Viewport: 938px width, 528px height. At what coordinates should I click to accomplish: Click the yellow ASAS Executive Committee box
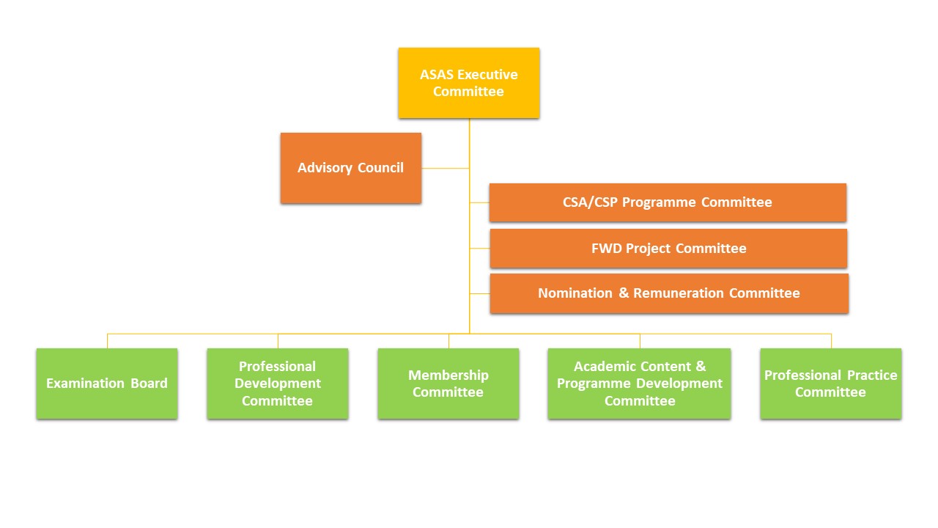(469, 83)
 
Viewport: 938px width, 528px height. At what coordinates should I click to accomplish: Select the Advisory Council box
(350, 168)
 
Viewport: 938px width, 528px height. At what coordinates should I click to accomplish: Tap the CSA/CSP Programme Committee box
(668, 202)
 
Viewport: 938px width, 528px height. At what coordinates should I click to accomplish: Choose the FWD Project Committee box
(668, 249)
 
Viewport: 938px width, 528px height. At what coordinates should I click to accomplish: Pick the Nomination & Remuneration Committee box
(669, 293)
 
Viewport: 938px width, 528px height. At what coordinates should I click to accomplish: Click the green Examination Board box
(107, 384)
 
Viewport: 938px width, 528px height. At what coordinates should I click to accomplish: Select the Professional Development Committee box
(278, 384)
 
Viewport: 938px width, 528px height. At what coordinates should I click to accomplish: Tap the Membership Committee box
(448, 384)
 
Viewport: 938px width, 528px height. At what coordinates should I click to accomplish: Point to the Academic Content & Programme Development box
(640, 384)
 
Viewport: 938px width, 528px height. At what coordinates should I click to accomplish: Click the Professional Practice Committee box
(831, 384)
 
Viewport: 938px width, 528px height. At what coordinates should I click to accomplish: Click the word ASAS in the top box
(437, 75)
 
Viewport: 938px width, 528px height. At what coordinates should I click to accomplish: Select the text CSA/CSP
(591, 202)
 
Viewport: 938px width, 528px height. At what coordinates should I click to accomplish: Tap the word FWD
(606, 249)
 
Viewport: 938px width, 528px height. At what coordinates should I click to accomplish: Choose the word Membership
(448, 375)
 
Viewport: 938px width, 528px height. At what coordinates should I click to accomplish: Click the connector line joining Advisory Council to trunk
(446, 168)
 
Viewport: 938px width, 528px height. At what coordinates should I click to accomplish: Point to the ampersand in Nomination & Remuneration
(624, 293)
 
